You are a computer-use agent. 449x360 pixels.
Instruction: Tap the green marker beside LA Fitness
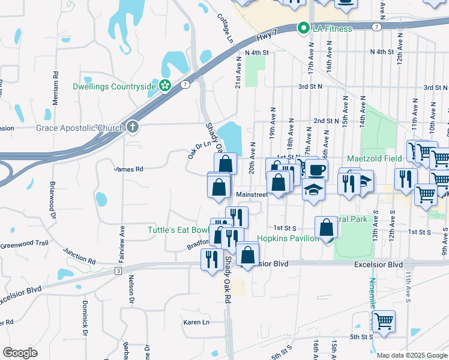point(304,28)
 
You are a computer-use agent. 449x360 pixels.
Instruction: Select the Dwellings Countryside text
point(114,86)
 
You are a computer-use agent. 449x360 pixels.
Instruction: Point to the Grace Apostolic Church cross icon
point(131,127)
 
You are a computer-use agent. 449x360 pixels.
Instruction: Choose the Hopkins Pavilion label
point(288,238)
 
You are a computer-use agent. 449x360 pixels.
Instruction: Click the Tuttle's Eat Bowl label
point(178,230)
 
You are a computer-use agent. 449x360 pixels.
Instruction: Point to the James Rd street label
point(128,169)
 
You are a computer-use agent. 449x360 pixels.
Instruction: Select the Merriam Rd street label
point(55,89)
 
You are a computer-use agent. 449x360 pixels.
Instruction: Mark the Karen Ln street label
point(196,322)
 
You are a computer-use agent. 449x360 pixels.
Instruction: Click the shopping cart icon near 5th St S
point(383,322)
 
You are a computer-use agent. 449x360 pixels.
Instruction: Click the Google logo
point(19,353)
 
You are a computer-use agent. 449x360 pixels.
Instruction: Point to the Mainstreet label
point(252,194)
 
